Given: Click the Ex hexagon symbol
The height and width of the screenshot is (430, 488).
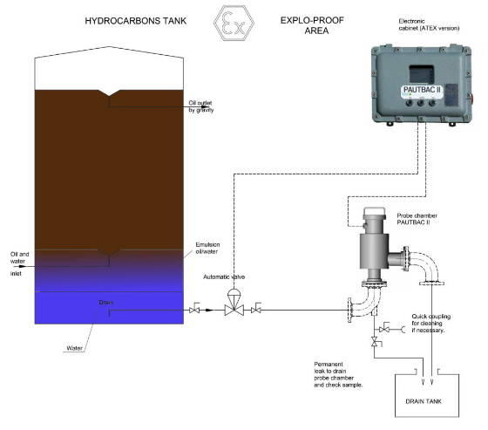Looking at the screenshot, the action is [x=234, y=23].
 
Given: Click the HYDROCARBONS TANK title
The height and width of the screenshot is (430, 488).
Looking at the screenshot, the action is [x=136, y=21].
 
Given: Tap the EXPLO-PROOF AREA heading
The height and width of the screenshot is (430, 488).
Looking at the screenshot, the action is [x=312, y=25].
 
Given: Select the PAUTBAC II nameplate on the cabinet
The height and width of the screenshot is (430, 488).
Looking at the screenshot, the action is [x=422, y=90].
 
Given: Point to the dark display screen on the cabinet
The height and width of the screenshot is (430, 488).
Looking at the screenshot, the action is [x=421, y=74].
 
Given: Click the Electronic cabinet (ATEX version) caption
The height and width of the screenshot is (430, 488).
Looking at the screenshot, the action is [x=429, y=24].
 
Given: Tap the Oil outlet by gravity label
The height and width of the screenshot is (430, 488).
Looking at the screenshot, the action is [x=201, y=106].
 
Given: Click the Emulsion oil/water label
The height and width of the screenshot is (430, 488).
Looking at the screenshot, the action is [x=207, y=248].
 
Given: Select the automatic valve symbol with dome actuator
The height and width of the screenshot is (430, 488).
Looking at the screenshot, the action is [x=234, y=303].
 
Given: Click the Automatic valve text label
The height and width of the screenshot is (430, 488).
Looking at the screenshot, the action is [x=224, y=276].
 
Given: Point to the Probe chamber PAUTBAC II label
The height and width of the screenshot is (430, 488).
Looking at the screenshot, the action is [x=417, y=219].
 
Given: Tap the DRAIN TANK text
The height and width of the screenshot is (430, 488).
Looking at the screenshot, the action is [x=424, y=401].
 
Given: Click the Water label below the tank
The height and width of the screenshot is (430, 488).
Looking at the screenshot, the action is [x=75, y=348].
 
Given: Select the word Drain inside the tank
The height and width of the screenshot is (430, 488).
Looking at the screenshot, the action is [x=106, y=303].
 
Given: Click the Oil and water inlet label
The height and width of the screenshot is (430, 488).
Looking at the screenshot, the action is [x=19, y=263].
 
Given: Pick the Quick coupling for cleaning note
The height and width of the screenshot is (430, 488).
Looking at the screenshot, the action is [x=430, y=323].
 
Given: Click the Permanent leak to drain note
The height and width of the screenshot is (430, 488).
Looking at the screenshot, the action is [x=338, y=374].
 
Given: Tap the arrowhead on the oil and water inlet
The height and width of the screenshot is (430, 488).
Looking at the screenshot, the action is [x=22, y=267].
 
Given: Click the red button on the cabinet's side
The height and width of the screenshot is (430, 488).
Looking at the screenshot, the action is [x=472, y=99].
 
